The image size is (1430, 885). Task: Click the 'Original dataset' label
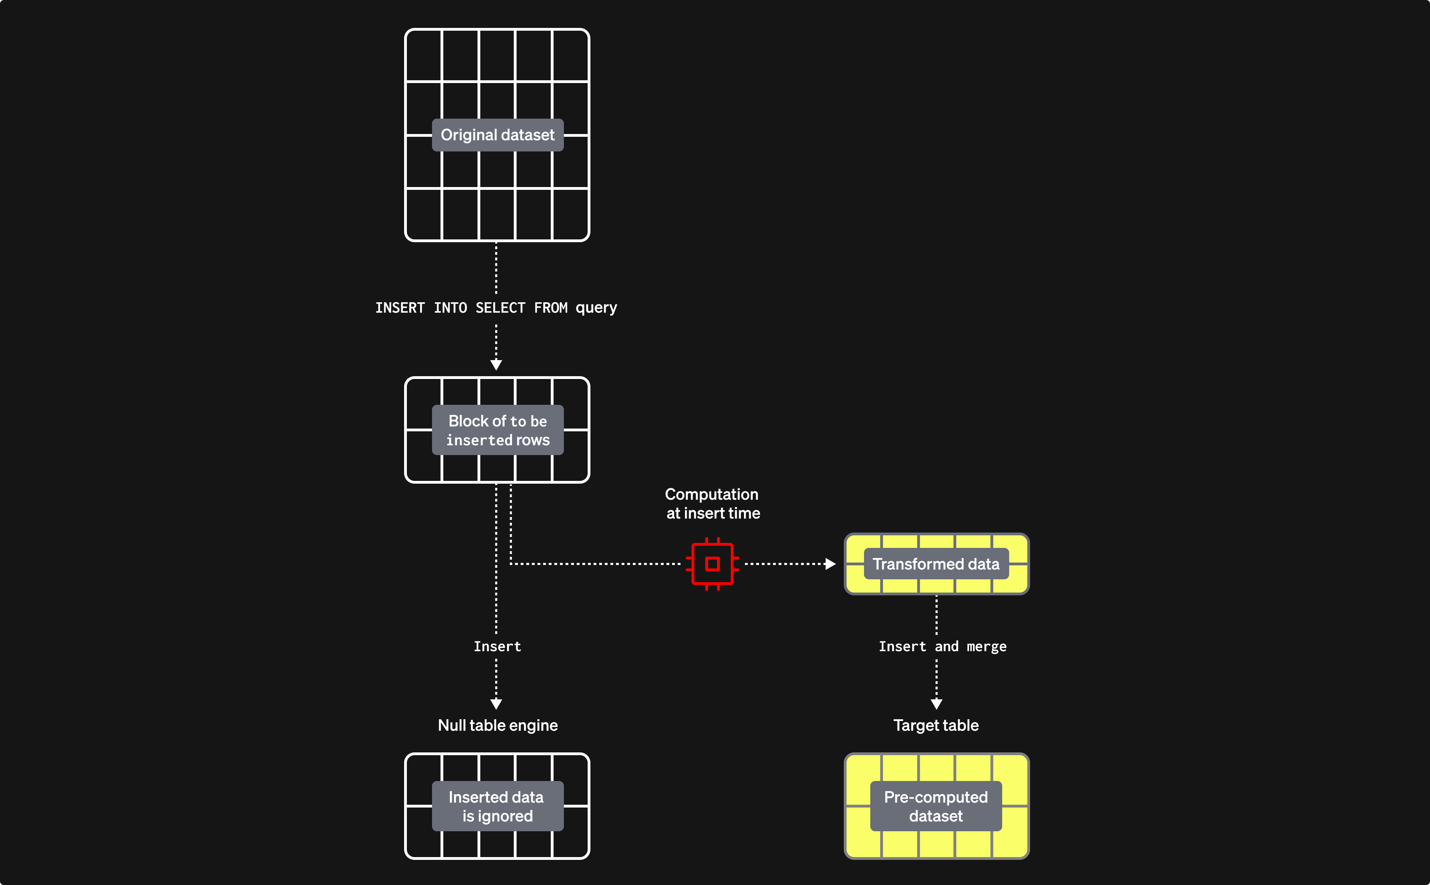click(497, 135)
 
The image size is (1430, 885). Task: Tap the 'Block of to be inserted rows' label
click(497, 430)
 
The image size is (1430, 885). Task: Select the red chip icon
click(712, 564)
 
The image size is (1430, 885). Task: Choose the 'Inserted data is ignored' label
click(497, 806)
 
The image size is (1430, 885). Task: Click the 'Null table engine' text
click(497, 725)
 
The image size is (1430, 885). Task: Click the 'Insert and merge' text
click(942, 646)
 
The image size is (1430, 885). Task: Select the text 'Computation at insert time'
click(712, 503)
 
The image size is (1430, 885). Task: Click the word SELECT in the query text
click(500, 308)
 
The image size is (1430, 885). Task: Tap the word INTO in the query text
click(450, 308)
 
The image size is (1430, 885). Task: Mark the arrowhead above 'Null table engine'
click(496, 704)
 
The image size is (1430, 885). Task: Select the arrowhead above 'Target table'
click(936, 704)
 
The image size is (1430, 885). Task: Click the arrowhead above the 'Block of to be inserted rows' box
click(496, 365)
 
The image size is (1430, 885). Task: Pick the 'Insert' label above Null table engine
click(497, 646)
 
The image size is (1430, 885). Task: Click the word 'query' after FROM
click(596, 308)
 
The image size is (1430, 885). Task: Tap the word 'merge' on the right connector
click(986, 647)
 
